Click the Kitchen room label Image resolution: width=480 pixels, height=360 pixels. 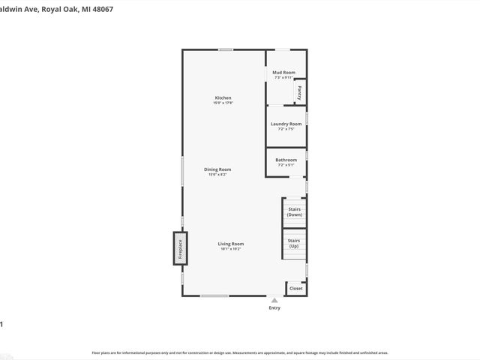223,98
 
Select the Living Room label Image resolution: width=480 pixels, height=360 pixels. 231,244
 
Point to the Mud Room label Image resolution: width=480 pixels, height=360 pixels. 283,73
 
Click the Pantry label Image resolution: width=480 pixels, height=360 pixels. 299,92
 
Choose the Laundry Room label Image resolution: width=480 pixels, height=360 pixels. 286,124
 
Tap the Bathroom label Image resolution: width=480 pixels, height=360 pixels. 286,160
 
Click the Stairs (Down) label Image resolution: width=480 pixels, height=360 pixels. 294,211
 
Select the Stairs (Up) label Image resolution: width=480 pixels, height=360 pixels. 294,244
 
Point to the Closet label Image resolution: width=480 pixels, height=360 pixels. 296,288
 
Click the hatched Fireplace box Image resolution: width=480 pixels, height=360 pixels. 179,248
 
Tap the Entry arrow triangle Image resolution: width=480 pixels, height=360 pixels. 274,300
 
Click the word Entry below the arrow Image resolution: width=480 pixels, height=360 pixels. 274,307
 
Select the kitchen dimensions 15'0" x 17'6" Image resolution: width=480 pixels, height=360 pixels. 223,103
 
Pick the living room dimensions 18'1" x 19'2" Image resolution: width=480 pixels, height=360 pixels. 231,249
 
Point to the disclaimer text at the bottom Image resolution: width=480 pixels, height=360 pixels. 239,352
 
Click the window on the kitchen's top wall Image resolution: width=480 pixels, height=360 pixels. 225,49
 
